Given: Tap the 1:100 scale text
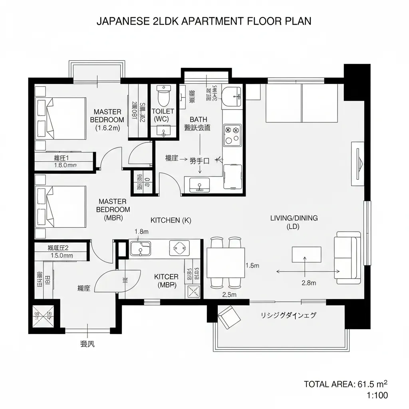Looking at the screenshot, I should pos(377,395).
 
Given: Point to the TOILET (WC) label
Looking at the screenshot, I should pos(163,115).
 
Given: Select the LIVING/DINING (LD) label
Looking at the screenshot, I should pos(294,222).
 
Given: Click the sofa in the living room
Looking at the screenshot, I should pos(348,258).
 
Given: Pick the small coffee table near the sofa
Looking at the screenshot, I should pos(306,254).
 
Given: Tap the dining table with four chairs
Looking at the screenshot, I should pos(226,262).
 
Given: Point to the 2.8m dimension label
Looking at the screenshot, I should pos(309,283).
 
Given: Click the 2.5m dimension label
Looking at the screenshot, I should pos(229,295).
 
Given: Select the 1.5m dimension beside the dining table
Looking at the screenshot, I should pos(252,265).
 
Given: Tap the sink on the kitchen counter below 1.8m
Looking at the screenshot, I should pos(140,248).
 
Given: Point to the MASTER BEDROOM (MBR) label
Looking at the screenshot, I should pos(113,209).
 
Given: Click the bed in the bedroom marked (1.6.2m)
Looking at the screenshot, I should pos(61,118).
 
